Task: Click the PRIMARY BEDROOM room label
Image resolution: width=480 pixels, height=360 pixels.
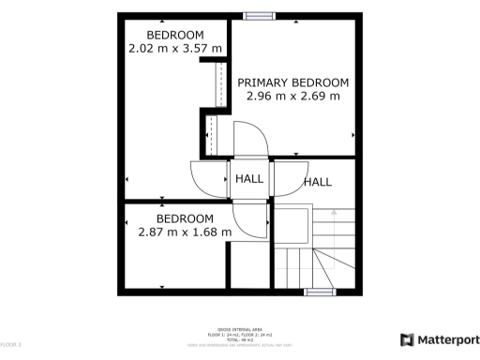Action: pos(292,82)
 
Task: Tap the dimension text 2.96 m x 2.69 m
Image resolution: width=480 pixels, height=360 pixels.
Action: pos(292,96)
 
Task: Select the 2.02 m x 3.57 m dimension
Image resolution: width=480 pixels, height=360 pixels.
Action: pos(175,49)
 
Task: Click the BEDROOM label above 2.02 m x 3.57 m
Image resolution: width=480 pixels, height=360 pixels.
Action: pos(174,35)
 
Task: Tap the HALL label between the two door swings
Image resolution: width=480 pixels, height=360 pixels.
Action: pos(249,179)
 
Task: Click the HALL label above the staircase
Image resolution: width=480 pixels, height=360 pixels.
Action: pos(318,182)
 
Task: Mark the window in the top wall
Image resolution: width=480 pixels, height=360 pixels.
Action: pos(259,16)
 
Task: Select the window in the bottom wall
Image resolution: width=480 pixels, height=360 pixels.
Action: pos(320,292)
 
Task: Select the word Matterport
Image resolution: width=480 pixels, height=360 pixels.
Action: pos(447,339)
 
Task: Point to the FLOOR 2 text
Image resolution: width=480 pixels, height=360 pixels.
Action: pos(10,345)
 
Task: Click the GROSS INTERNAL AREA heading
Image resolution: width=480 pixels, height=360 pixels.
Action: pos(239,329)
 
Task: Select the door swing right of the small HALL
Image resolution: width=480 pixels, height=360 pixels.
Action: pos(287,178)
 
